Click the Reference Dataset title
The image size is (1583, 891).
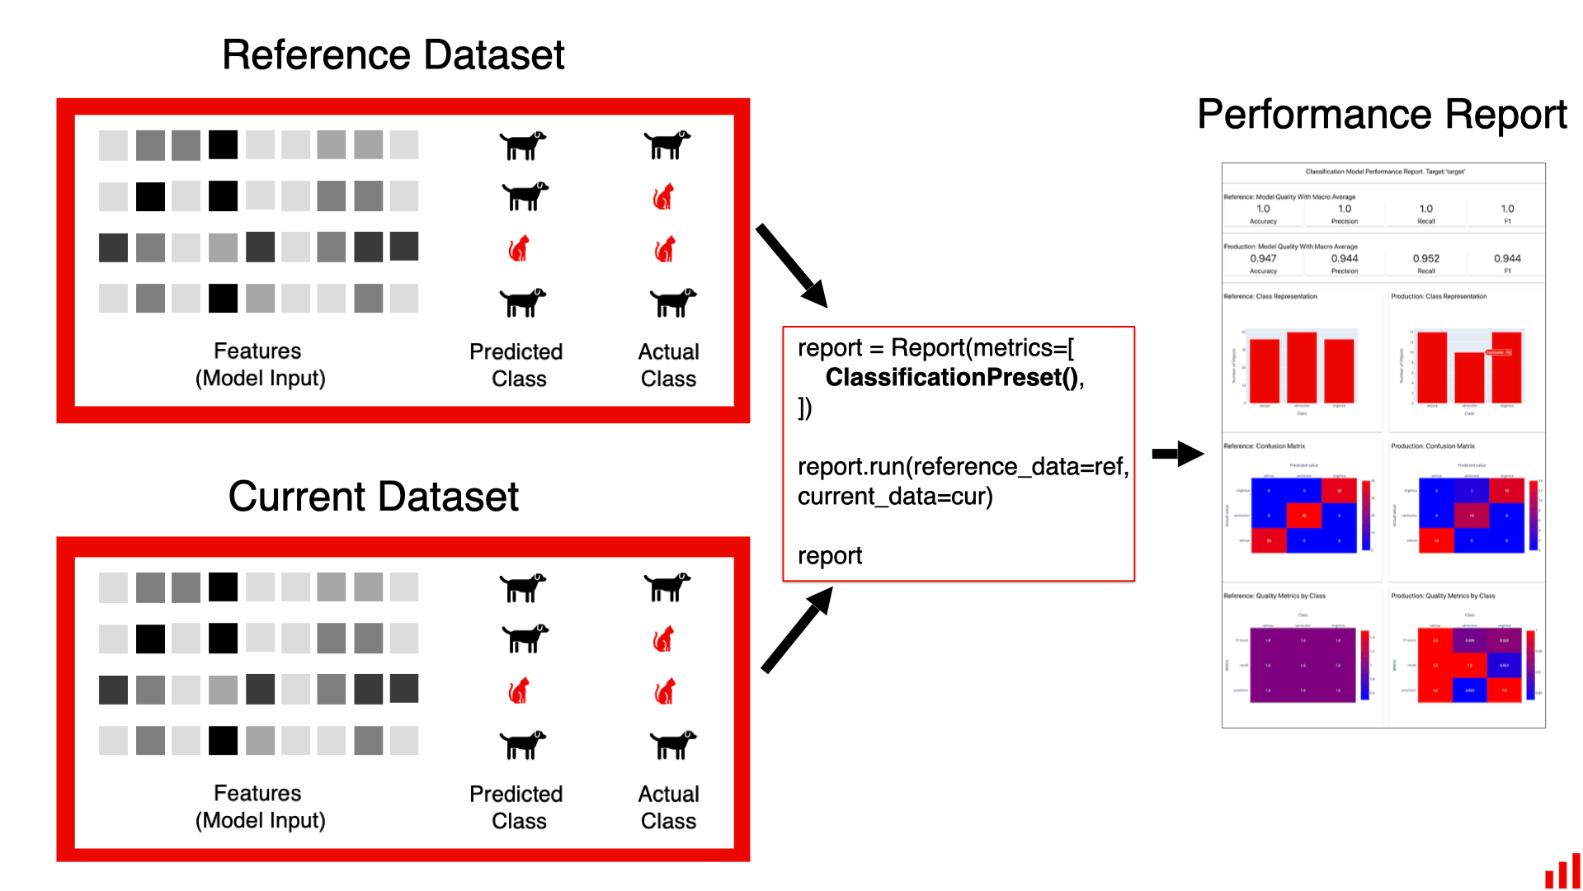(x=393, y=55)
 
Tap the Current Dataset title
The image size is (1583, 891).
(x=373, y=497)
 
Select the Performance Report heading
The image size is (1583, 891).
(x=1382, y=114)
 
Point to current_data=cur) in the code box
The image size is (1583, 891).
(x=895, y=497)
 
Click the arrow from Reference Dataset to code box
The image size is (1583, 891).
(x=791, y=265)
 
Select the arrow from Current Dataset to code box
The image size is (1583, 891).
(x=796, y=630)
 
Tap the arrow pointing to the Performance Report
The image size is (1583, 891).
(x=1177, y=453)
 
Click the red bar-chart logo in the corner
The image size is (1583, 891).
(x=1562, y=871)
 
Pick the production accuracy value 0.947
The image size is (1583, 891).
(x=1263, y=258)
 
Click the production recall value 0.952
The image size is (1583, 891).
(x=1425, y=258)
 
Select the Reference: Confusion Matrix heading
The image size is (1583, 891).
(x=1265, y=446)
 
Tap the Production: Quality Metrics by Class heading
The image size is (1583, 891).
(x=1443, y=596)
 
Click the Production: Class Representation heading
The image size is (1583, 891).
(x=1439, y=296)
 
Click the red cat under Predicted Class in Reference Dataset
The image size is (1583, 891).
(x=519, y=248)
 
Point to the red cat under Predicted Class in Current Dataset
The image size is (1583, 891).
(x=519, y=691)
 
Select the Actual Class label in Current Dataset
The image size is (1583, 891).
(x=668, y=807)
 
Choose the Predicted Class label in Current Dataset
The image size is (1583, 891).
(x=516, y=807)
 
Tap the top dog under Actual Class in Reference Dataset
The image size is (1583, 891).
(x=667, y=144)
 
